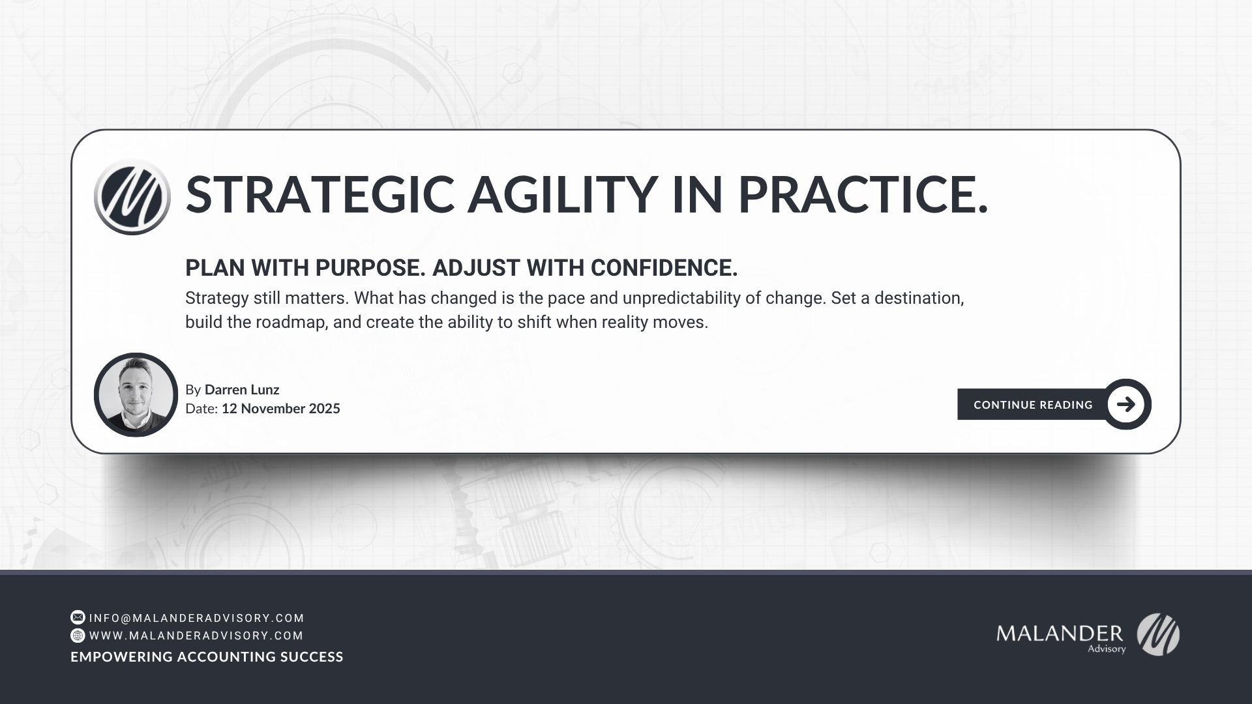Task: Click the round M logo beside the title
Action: (x=132, y=196)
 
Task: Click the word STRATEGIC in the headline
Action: (x=320, y=194)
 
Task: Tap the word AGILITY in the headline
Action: (x=561, y=194)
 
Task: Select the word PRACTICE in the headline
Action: (x=861, y=194)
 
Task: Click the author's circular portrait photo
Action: (x=136, y=395)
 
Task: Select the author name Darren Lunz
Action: (x=242, y=390)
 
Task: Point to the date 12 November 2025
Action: (x=280, y=409)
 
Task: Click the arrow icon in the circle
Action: (x=1125, y=404)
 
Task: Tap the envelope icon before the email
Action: (x=78, y=617)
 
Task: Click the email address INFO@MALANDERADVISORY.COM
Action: (x=197, y=618)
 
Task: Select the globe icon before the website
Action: (x=78, y=636)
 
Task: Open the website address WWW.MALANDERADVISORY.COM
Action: (x=196, y=636)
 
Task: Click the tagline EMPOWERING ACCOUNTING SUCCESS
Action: (x=207, y=657)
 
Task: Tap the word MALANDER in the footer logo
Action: (x=1059, y=633)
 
